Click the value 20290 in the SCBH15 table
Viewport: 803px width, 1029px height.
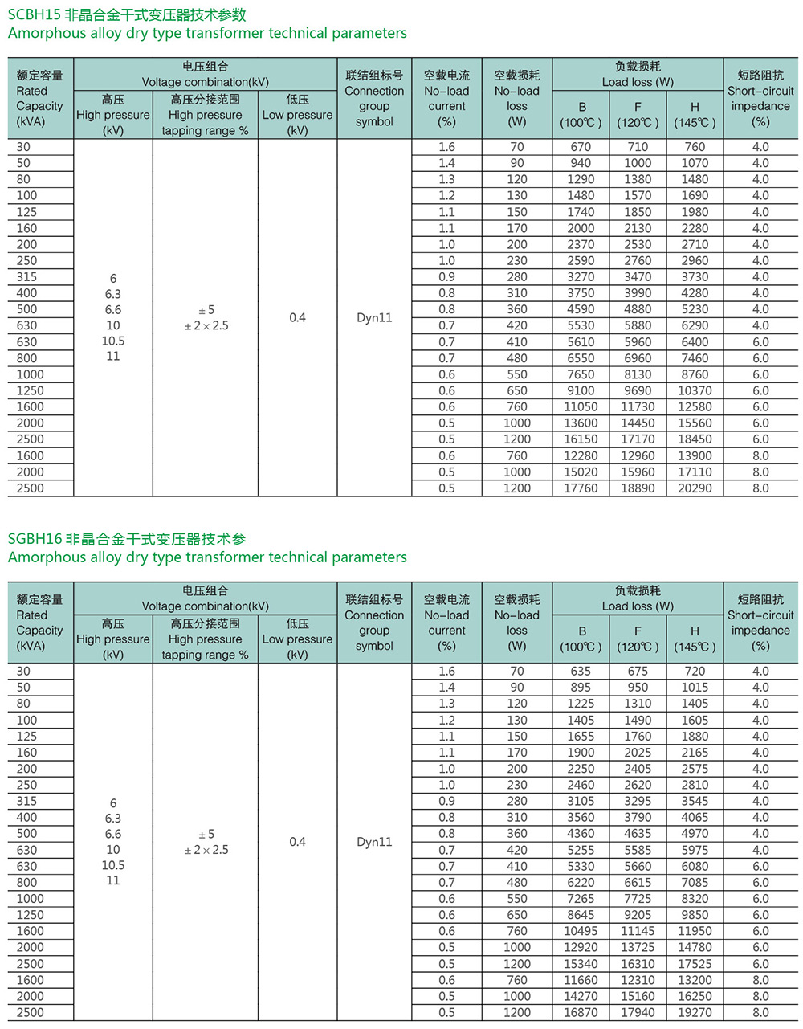click(x=695, y=488)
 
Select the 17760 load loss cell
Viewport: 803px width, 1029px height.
click(x=581, y=488)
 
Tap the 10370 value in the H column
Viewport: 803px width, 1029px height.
click(x=695, y=390)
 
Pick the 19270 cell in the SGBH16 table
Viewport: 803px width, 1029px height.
click(x=695, y=1013)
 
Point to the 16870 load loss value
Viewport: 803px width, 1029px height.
click(x=581, y=1013)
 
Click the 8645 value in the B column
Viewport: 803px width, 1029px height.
click(x=581, y=915)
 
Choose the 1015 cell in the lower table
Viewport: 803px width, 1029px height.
click(x=695, y=688)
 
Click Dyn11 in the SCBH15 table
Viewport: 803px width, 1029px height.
click(x=374, y=317)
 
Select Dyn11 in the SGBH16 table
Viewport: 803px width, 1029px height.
click(x=374, y=842)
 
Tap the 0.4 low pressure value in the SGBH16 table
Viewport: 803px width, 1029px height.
click(x=297, y=842)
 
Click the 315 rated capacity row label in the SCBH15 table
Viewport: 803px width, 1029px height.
click(x=26, y=276)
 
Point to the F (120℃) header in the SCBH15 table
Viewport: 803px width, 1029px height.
click(x=638, y=114)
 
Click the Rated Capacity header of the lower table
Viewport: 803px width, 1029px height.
click(x=39, y=623)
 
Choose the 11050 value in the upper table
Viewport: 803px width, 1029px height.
click(x=581, y=407)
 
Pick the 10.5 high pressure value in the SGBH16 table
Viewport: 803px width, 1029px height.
click(x=113, y=865)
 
